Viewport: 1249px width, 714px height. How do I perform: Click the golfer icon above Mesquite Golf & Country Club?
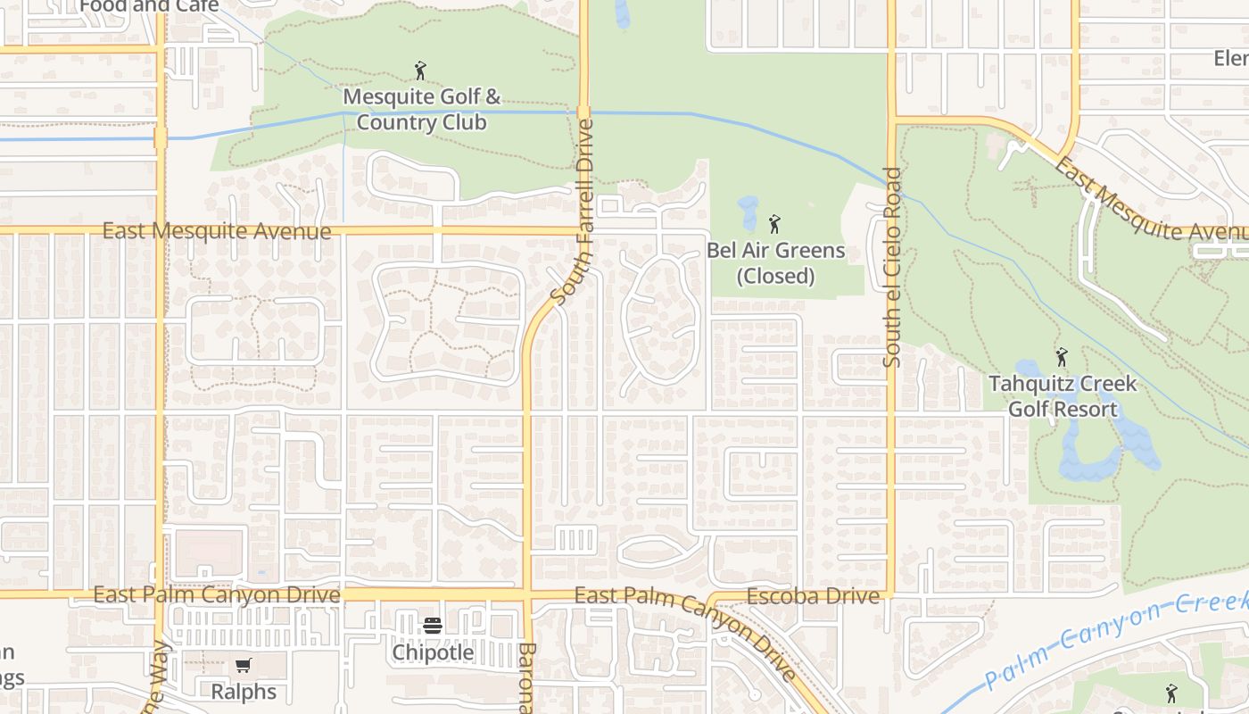(x=420, y=71)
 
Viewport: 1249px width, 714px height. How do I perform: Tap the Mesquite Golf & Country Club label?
(x=421, y=109)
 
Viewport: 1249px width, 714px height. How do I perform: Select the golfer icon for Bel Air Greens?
(x=774, y=224)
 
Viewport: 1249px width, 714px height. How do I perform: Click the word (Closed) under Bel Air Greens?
(x=775, y=276)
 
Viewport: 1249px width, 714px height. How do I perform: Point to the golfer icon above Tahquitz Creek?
(x=1061, y=358)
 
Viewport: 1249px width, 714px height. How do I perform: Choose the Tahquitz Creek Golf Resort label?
(x=1063, y=396)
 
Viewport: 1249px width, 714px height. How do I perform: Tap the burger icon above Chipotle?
(x=433, y=626)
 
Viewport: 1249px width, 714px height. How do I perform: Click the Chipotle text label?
(x=434, y=652)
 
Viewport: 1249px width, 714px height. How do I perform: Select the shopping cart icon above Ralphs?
(x=243, y=665)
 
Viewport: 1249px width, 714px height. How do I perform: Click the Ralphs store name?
(x=244, y=691)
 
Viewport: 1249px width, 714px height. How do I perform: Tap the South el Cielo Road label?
(x=892, y=268)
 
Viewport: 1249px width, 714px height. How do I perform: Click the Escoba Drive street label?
(x=813, y=596)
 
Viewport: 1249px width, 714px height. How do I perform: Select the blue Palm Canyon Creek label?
(x=1115, y=643)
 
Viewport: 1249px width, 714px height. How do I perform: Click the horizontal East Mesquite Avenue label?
(x=217, y=231)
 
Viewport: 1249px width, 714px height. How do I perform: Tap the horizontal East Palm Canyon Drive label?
(x=217, y=594)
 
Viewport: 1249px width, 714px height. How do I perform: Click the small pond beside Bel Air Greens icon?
(x=748, y=212)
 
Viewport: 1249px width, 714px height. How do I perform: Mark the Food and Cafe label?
(x=149, y=6)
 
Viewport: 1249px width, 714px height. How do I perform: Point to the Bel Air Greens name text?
(x=775, y=250)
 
